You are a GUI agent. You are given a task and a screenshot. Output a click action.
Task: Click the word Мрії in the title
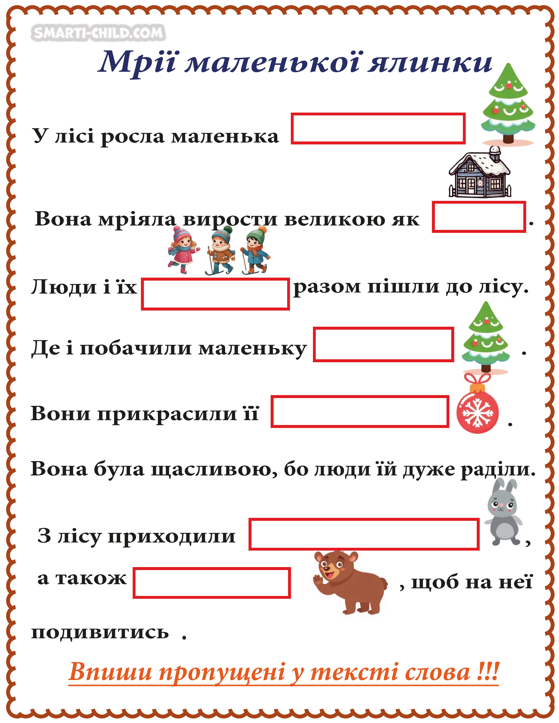tap(137, 63)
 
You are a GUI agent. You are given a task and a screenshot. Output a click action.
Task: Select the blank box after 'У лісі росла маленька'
tap(378, 129)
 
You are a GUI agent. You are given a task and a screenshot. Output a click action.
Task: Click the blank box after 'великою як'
tap(479, 217)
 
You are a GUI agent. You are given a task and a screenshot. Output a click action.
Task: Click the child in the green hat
tap(255, 250)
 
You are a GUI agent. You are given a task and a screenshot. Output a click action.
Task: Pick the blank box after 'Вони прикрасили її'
tap(360, 411)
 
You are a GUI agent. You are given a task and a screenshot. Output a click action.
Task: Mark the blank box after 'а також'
tap(212, 583)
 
